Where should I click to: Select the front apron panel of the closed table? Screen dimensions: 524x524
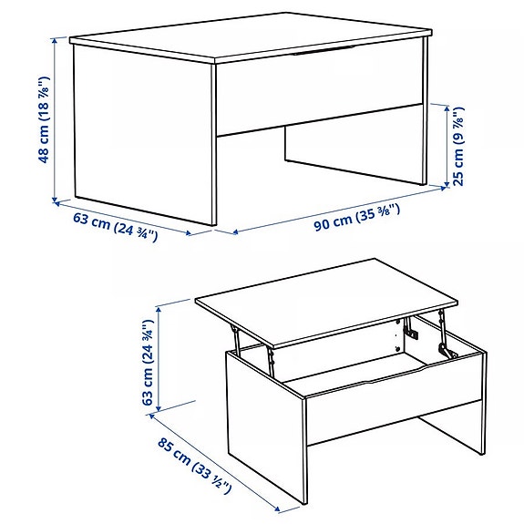[319, 96]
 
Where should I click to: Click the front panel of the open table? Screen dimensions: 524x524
[392, 401]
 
